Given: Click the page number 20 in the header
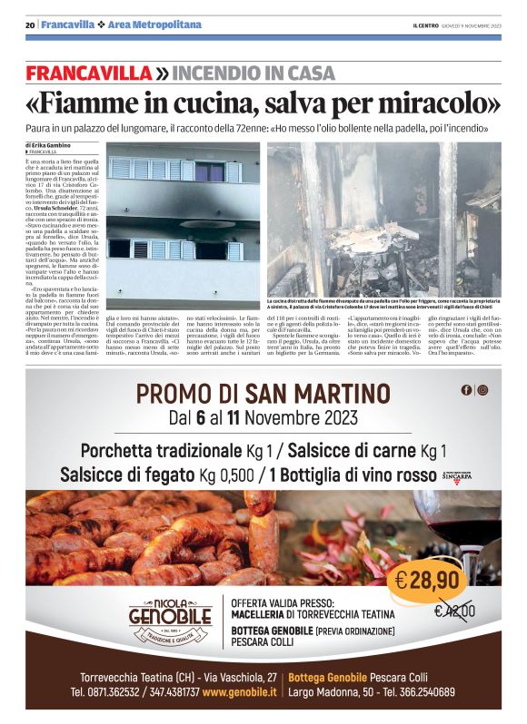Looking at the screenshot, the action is click(30, 24).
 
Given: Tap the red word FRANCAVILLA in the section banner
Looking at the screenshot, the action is click(88, 73).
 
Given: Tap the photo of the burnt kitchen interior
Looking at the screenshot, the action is click(383, 219).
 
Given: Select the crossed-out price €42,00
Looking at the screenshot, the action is click(454, 611).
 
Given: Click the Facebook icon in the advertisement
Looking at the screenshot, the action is click(466, 390).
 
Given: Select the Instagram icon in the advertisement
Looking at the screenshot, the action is click(482, 390).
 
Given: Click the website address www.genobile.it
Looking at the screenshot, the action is click(240, 691).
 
